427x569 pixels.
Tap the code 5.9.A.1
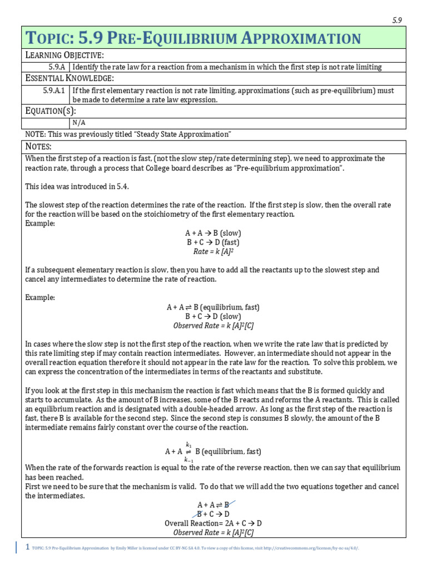coord(54,89)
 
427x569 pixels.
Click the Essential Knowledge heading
coord(69,78)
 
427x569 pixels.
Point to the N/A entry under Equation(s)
coord(79,123)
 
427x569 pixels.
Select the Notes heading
coord(38,146)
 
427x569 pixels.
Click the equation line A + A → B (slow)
coord(213,233)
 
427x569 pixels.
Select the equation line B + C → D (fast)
coord(213,242)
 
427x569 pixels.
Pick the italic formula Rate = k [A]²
coord(213,252)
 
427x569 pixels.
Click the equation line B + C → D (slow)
coord(213,316)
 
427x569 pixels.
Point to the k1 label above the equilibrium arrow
coord(188,445)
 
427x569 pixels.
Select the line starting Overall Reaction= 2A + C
coord(213,523)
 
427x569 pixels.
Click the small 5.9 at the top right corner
coord(397,20)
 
